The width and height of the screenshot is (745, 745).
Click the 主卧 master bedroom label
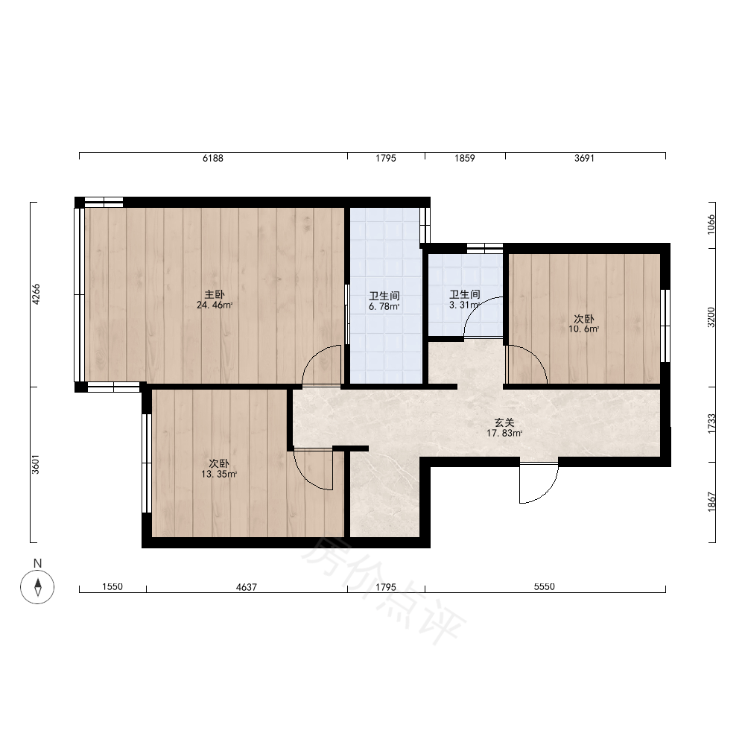(215, 294)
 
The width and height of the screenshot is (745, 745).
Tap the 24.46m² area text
(215, 305)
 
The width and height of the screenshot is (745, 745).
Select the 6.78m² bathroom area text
(384, 306)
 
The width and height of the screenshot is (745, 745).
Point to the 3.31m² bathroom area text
(464, 305)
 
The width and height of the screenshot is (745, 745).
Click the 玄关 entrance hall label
(504, 422)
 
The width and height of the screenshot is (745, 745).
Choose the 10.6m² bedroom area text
(583, 329)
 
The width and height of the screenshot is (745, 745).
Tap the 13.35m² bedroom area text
(218, 474)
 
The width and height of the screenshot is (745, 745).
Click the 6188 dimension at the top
(213, 158)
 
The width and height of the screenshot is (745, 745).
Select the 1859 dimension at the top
(465, 158)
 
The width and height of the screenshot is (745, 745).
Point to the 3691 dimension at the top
(584, 158)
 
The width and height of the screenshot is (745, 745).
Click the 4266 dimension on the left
(36, 294)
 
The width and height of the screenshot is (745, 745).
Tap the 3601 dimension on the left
(36, 464)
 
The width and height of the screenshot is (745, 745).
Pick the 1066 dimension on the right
(711, 224)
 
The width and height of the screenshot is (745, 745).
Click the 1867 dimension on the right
(711, 501)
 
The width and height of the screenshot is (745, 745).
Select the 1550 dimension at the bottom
(112, 587)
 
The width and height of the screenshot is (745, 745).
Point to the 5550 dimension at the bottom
(545, 587)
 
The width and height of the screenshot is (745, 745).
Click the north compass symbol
(37, 587)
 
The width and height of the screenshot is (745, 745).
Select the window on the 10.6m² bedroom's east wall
(665, 326)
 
